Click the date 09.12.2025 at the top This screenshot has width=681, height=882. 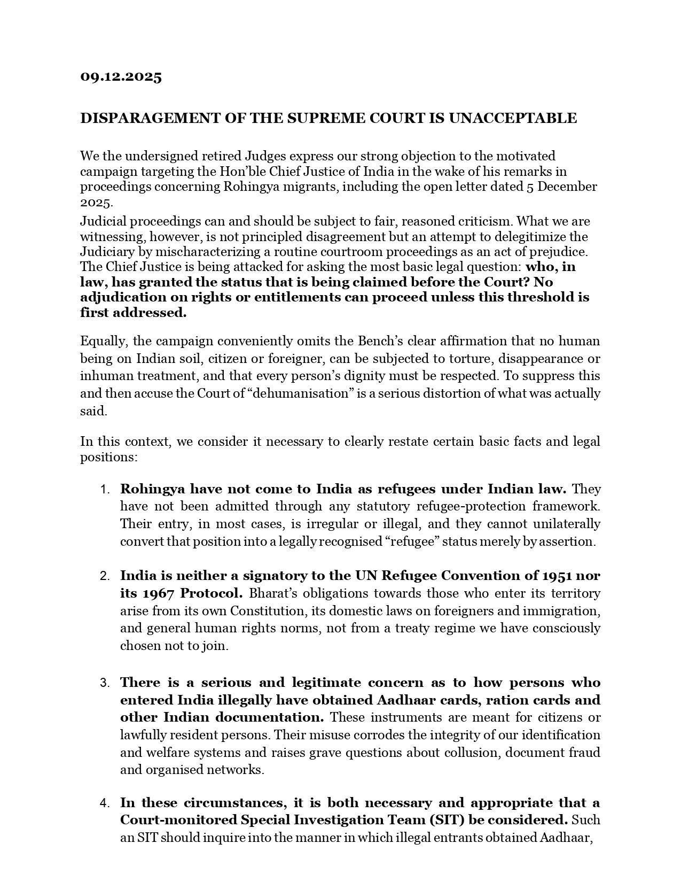click(x=121, y=76)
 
